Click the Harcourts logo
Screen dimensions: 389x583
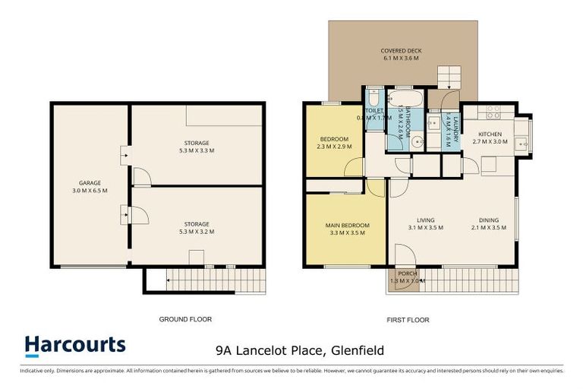coord(74,345)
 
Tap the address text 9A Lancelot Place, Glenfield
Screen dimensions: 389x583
coord(300,350)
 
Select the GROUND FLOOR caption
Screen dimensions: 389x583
coord(185,319)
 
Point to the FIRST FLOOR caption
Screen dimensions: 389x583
coord(408,320)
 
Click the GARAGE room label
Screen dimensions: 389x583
coord(90,182)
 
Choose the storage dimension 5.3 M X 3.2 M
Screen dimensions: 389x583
coord(196,232)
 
